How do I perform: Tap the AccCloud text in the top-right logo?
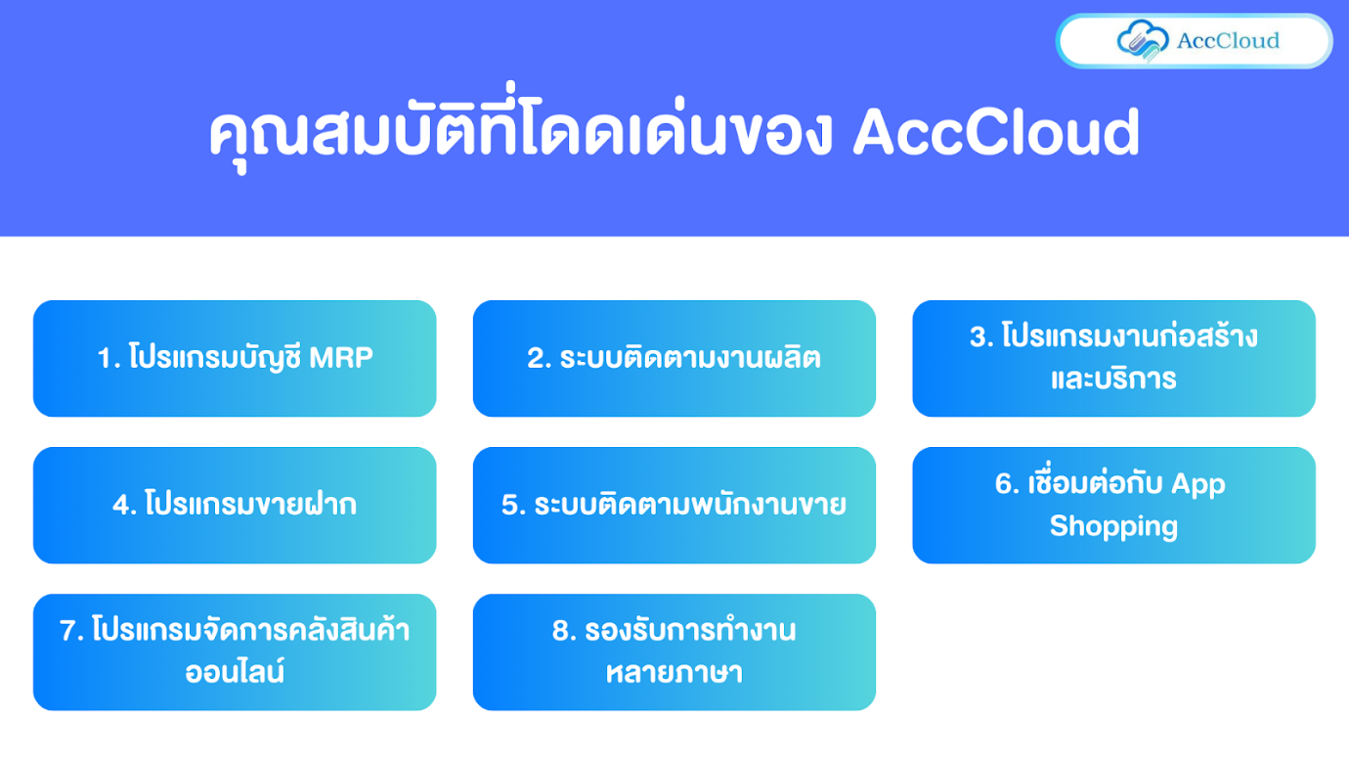(x=1228, y=41)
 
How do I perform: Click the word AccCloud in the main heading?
(x=996, y=134)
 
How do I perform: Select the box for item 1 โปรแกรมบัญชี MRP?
(x=235, y=358)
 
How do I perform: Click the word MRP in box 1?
(x=341, y=358)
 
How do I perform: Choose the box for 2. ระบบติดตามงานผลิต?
(x=674, y=358)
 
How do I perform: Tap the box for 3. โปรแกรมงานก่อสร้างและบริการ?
(x=1113, y=358)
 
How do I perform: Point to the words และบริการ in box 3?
(x=1113, y=379)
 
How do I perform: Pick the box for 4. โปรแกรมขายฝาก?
(x=235, y=505)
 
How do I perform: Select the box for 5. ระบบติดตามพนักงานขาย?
(x=674, y=505)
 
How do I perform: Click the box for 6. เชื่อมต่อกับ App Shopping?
(x=1113, y=505)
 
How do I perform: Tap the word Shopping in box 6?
(x=1113, y=526)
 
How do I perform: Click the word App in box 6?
(x=1197, y=483)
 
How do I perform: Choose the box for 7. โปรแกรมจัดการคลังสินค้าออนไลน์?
(x=235, y=651)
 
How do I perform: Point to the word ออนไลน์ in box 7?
(x=235, y=673)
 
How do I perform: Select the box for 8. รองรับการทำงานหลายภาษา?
(x=674, y=651)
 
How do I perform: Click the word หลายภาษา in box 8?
(x=674, y=673)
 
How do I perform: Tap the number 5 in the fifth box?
(x=509, y=506)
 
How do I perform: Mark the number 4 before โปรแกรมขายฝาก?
(x=120, y=506)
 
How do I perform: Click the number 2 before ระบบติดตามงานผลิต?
(x=536, y=359)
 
